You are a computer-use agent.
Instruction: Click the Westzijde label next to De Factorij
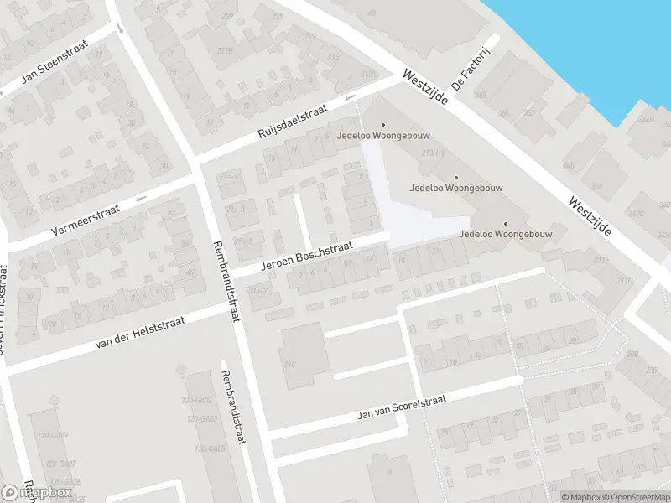pyautogui.click(x=426, y=87)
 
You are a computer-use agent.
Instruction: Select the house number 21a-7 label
pyautogui.click(x=258, y=291)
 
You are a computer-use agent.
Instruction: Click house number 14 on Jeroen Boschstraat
pyautogui.click(x=370, y=258)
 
